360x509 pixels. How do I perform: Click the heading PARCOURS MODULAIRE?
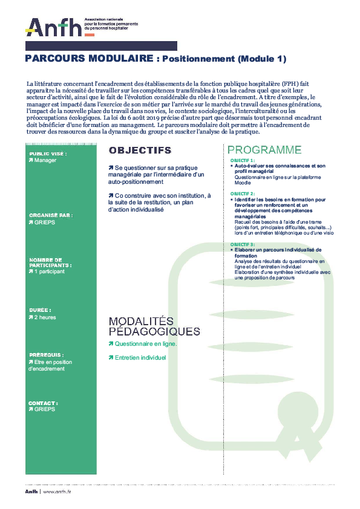[90, 59]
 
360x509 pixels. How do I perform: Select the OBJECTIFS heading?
[139, 151]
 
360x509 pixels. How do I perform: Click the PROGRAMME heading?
[264, 150]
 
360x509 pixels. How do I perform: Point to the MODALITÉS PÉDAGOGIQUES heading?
[154, 326]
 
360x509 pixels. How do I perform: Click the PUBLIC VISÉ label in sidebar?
[47, 154]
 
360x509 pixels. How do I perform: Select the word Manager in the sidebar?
[45, 161]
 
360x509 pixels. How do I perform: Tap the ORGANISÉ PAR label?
[50, 215]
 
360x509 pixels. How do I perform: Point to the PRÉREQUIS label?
[46, 355]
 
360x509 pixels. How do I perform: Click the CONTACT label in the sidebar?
[43, 403]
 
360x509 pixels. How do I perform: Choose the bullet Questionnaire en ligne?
[145, 343]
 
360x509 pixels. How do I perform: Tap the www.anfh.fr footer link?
[57, 492]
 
